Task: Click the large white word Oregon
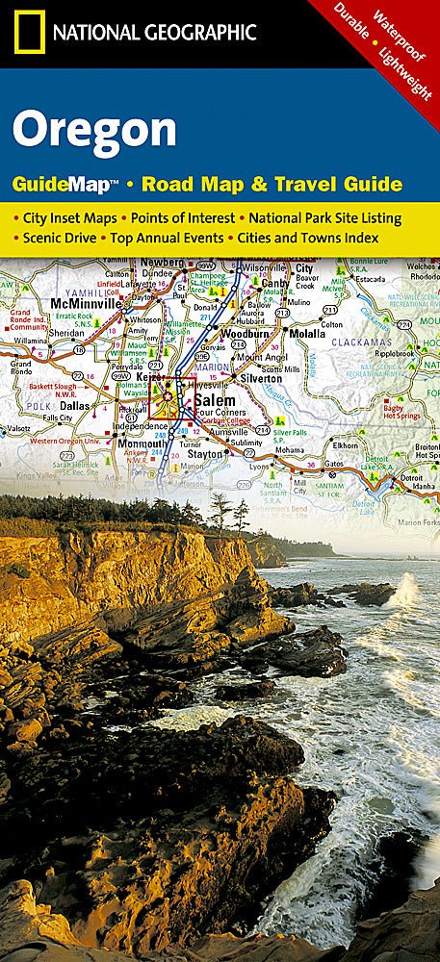coord(95,129)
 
